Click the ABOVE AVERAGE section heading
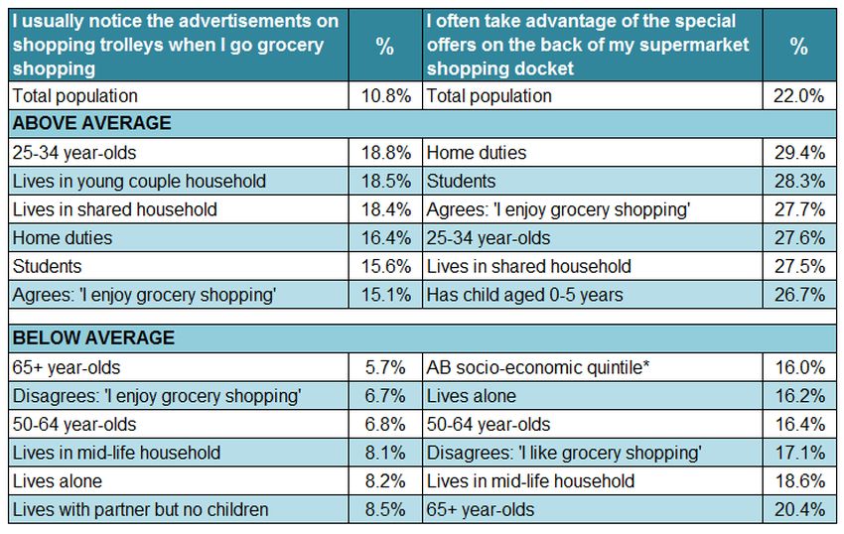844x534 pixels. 91,124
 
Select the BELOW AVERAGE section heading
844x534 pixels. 92,338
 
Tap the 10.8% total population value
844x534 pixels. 385,96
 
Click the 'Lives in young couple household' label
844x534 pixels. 138,182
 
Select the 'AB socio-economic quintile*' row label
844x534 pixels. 537,367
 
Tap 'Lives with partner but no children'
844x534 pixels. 140,510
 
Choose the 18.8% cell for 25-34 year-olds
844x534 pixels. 385,153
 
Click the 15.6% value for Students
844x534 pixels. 385,267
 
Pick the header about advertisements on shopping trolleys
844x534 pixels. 175,45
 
